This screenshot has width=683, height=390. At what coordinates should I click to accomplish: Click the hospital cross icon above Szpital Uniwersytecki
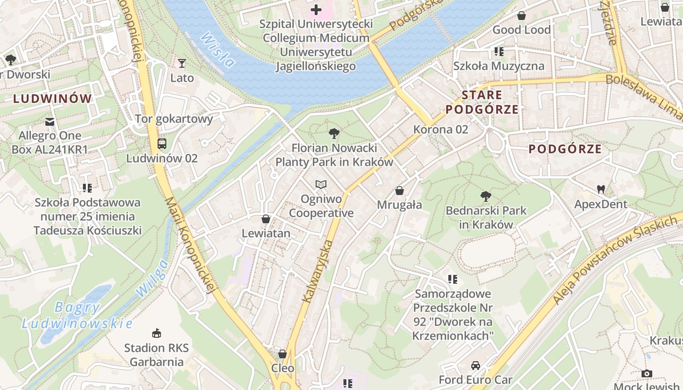316,9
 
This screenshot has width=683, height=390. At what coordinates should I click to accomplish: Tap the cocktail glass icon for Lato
182,63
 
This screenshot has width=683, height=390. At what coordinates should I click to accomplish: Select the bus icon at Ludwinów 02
161,144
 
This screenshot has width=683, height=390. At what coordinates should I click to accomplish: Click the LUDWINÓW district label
52,99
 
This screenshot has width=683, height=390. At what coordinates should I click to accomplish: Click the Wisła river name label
218,49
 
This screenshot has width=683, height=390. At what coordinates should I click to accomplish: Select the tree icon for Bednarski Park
485,196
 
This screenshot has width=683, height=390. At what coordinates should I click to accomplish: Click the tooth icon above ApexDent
601,189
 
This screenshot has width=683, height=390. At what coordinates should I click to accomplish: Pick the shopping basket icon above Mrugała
400,191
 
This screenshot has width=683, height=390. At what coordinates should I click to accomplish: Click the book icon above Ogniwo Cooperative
321,184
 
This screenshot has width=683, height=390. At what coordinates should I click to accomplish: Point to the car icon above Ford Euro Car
475,365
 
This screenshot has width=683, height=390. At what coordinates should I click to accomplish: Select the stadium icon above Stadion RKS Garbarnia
156,333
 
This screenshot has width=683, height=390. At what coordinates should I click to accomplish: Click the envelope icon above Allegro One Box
50,121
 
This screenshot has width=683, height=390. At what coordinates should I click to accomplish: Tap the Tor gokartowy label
174,119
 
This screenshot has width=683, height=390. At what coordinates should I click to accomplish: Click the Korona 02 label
441,129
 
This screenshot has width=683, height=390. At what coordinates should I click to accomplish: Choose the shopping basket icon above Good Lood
521,16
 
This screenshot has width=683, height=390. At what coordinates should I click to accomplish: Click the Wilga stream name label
152,278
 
